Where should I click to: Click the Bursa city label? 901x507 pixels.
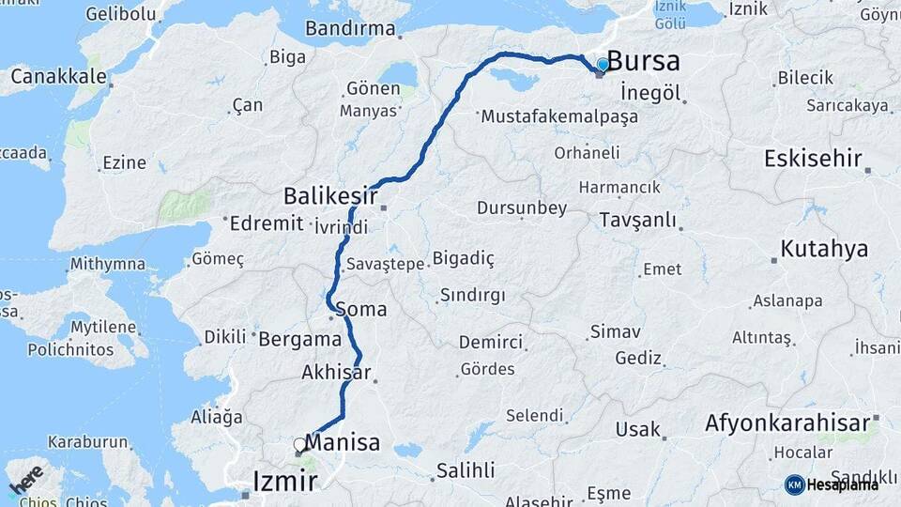coord(644,61)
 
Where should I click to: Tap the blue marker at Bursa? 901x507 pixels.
coord(603,65)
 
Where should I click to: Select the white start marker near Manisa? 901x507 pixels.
coord(299,444)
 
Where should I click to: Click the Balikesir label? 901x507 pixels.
coord(330,195)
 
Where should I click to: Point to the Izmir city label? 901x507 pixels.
coord(285,483)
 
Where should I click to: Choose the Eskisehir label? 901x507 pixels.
coord(813,158)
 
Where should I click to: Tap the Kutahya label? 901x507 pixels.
coord(824,249)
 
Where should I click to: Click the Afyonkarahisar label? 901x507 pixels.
coord(787,422)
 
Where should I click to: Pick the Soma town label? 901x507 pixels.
coord(360,308)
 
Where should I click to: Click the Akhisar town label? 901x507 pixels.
coord(335,372)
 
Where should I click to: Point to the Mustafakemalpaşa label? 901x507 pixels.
coord(558,117)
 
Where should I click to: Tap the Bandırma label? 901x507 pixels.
coord(350,28)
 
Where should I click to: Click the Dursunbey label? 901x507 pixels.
coord(522,207)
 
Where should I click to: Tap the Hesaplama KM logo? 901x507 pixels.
coord(832,484)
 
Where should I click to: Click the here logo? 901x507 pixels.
coord(25,480)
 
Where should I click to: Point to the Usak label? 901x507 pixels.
coord(637,429)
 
